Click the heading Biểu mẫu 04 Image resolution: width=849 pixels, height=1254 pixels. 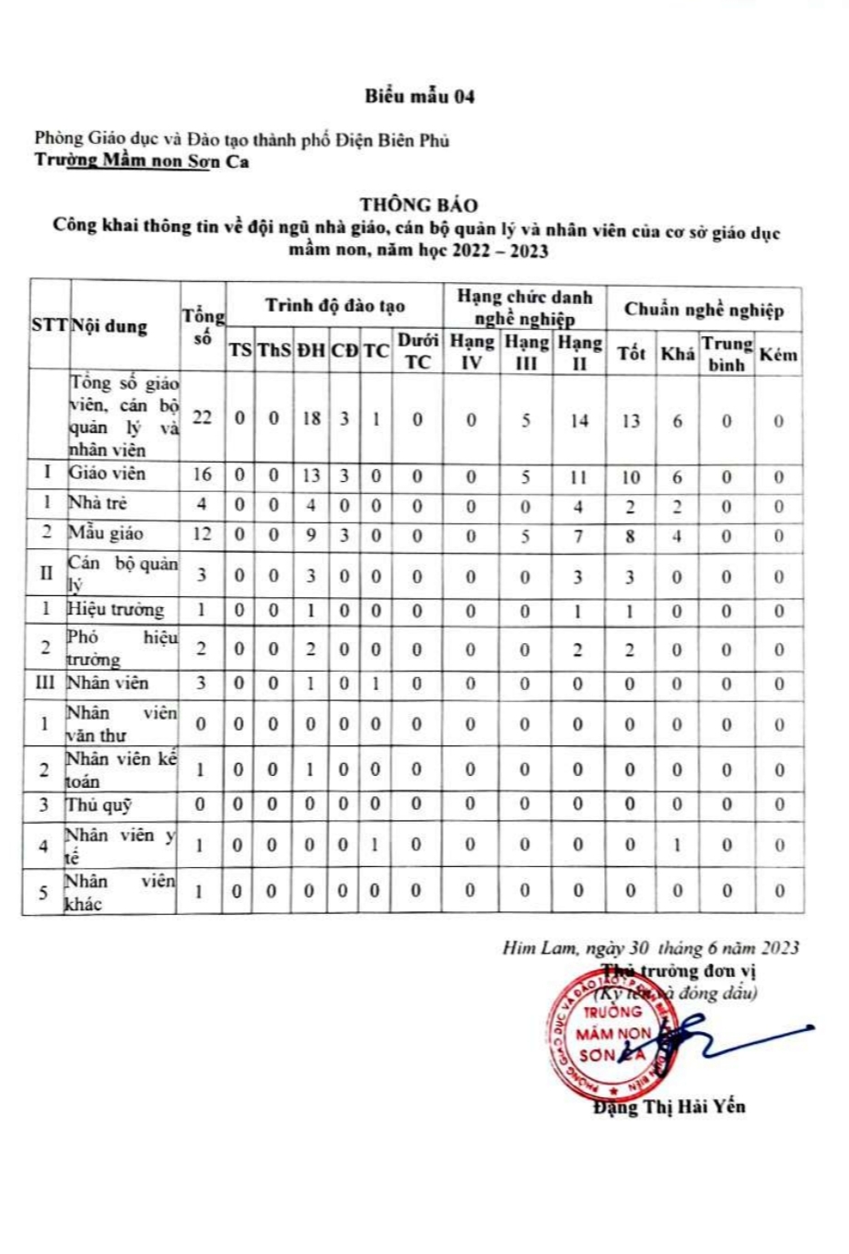(419, 96)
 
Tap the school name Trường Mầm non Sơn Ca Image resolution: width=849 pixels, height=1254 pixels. (142, 162)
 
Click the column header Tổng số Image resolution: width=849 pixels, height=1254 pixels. (203, 326)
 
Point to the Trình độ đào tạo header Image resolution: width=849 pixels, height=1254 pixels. (335, 306)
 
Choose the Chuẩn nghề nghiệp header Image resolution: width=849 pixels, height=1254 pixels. (704, 309)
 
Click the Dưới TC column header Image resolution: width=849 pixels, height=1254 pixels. (417, 351)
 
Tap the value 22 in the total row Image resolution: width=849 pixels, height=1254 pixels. (203, 417)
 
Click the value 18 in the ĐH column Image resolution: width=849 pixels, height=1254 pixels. (312, 418)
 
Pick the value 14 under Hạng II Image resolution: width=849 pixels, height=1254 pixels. (579, 420)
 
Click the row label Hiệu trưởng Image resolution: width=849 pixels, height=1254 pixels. (115, 610)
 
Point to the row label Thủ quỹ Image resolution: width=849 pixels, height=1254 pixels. (99, 804)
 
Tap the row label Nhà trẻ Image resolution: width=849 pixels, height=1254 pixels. (98, 503)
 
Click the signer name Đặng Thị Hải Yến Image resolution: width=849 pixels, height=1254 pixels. (669, 1107)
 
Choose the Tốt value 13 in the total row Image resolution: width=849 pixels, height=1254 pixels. (630, 421)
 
